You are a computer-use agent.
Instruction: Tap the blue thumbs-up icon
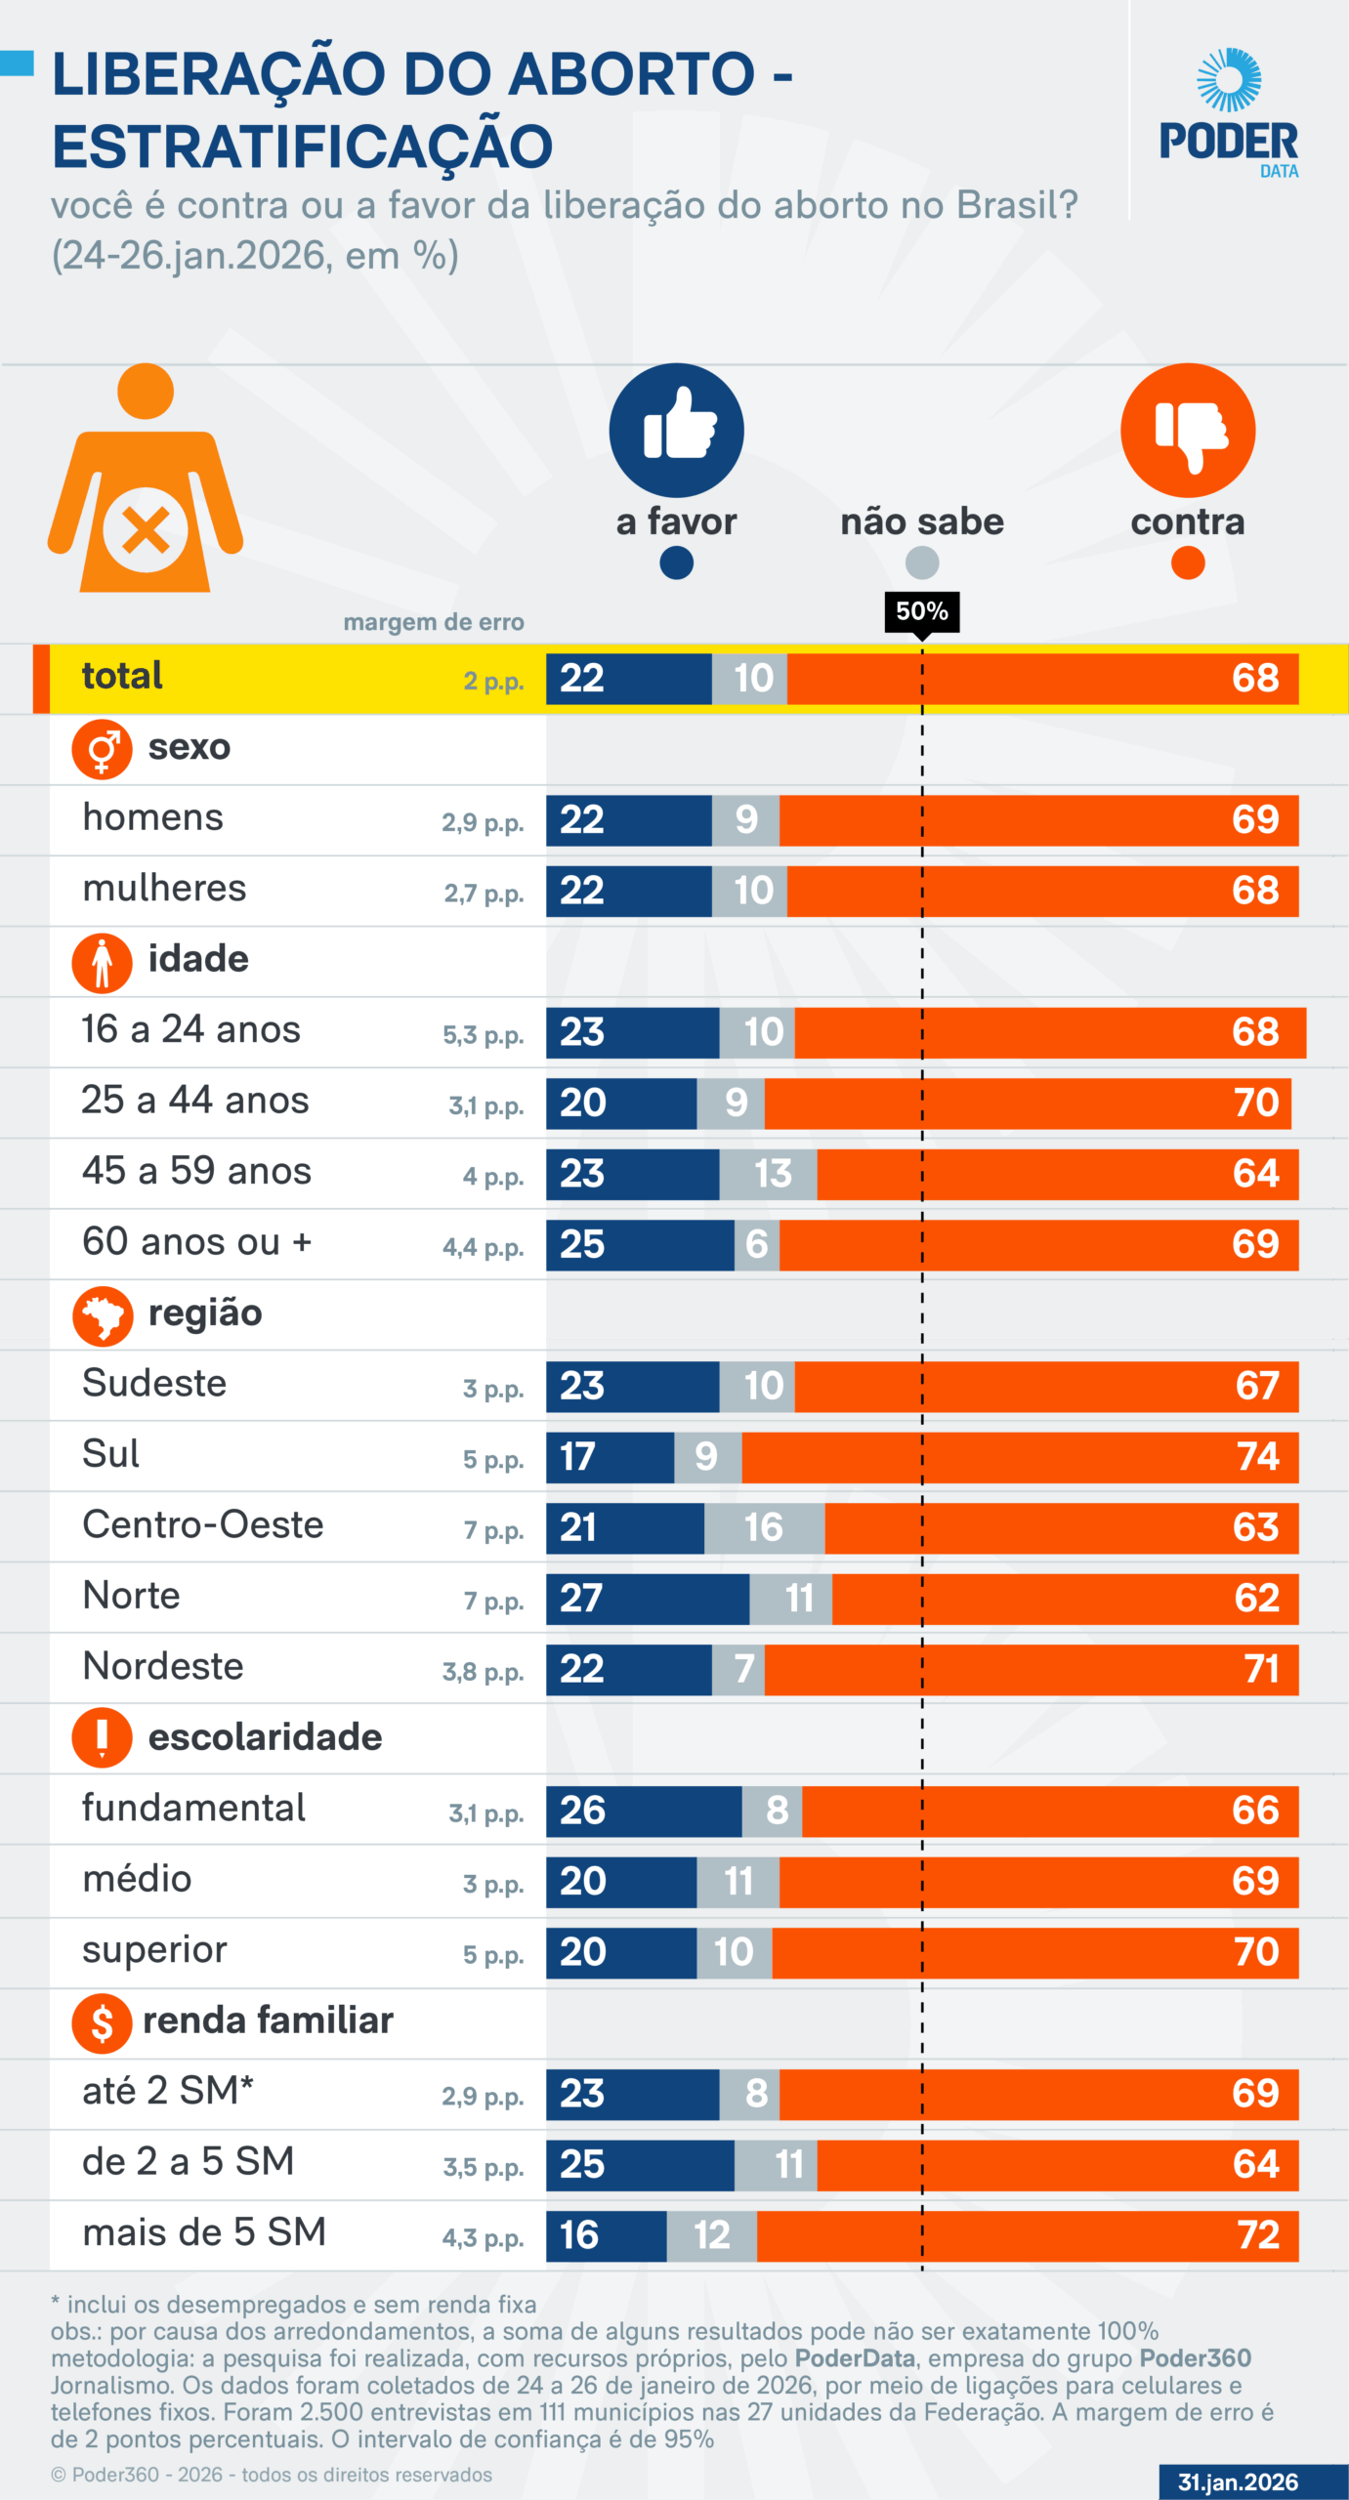(676, 431)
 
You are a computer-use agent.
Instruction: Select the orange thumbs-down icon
(1187, 431)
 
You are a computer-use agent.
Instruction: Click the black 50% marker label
(921, 611)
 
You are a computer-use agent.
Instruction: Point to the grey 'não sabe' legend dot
(921, 562)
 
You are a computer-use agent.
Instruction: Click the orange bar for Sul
(1019, 1456)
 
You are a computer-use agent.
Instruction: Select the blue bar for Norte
(647, 1598)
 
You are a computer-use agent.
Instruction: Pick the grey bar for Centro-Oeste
(764, 1527)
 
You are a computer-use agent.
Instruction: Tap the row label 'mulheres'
(164, 889)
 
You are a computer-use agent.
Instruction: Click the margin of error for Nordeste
(483, 1672)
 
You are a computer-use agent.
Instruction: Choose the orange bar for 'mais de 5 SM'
(1027, 2234)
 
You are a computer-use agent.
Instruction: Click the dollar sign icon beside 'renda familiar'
(102, 2022)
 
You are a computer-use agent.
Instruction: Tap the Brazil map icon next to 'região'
(102, 1315)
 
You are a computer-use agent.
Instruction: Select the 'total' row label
(122, 676)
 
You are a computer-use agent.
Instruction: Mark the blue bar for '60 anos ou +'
(639, 1244)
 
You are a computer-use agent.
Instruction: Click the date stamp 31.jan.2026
(1238, 2481)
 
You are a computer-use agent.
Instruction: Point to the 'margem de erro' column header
(434, 622)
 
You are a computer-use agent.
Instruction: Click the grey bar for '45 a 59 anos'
(768, 1173)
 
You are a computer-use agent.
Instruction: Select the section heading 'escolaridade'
(265, 1737)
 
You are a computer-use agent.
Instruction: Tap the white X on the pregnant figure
(146, 531)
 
